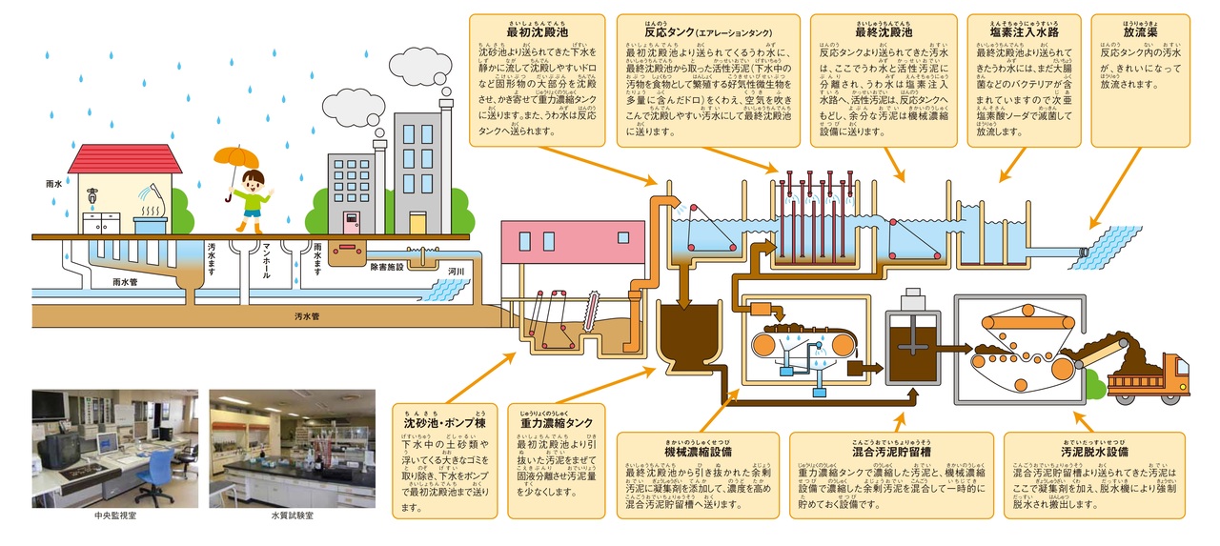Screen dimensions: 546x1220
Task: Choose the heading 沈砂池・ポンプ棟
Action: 446,421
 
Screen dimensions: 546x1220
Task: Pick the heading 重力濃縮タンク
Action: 556,421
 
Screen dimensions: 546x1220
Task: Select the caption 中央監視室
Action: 114,516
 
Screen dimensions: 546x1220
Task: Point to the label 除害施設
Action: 389,268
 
